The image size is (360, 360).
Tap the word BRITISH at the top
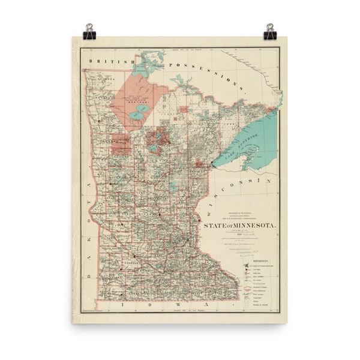(107, 61)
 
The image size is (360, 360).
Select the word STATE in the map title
(215, 226)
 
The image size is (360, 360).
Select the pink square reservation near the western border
(121, 144)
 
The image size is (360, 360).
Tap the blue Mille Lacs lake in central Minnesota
(173, 187)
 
